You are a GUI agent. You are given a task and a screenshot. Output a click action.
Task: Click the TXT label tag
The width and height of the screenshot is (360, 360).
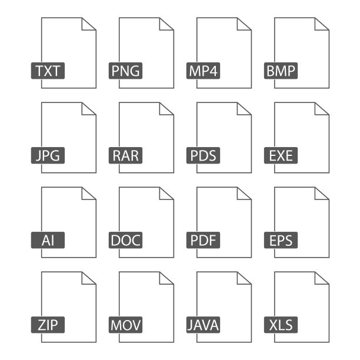(x=48, y=72)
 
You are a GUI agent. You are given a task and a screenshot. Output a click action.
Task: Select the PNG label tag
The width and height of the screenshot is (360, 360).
(x=125, y=72)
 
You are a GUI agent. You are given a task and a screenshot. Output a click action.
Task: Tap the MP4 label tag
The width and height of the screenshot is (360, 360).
(x=204, y=72)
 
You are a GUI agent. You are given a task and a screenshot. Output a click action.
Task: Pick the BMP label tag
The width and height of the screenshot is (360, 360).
(x=282, y=72)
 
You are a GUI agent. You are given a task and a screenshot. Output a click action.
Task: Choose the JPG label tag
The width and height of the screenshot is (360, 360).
(x=48, y=156)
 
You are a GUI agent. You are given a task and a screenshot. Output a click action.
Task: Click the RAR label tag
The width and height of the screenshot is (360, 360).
(x=125, y=156)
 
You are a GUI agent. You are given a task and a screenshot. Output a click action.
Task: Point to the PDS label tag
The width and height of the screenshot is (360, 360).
(x=204, y=156)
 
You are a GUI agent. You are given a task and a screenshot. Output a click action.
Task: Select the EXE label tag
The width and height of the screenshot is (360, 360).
(x=282, y=156)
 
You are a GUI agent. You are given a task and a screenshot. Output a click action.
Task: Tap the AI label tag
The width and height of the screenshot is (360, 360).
(x=48, y=241)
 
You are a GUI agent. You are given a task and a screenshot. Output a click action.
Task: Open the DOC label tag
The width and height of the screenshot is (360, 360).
(x=125, y=241)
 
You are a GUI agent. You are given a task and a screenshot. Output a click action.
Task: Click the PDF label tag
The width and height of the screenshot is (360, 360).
(x=204, y=241)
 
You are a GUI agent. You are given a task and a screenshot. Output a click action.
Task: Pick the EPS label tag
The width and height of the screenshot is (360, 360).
(x=282, y=241)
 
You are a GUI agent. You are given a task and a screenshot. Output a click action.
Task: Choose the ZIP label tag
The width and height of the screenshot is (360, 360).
(x=48, y=325)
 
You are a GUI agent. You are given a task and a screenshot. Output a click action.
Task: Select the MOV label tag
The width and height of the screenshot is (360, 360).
(x=125, y=325)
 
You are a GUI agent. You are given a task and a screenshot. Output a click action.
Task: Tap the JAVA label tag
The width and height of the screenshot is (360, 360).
(x=204, y=325)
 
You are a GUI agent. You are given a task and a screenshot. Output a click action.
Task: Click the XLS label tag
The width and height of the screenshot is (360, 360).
(x=282, y=325)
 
